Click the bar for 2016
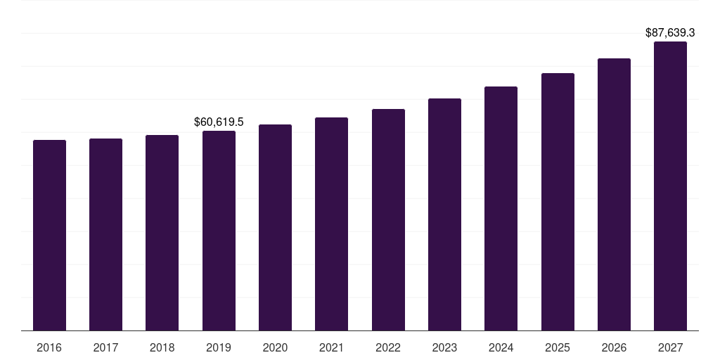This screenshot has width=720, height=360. coord(49,236)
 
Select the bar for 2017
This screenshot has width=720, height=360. coord(105,235)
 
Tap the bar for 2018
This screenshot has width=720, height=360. coord(162,233)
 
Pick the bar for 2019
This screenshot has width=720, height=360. coord(219,231)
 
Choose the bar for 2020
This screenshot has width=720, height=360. coord(275,228)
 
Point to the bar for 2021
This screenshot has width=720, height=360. coord(331,224)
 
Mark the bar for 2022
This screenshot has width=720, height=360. coord(388,220)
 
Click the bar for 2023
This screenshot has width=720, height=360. coord(444,214)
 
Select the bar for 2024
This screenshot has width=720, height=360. coord(501,209)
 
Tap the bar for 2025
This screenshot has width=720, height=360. coord(558,202)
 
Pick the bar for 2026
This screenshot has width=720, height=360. coord(614,195)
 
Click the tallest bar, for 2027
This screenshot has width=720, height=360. coord(670,186)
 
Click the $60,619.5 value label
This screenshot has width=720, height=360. coord(219,122)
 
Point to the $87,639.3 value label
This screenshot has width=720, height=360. coord(670,33)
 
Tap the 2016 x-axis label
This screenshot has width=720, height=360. coord(49,348)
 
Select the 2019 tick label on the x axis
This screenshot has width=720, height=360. coord(219,348)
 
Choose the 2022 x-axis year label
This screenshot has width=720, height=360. coord(388,348)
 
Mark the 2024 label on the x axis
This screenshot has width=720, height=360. coord(501,348)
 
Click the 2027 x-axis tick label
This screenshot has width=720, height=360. coord(670,348)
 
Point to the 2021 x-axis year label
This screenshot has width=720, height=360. coord(331,348)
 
